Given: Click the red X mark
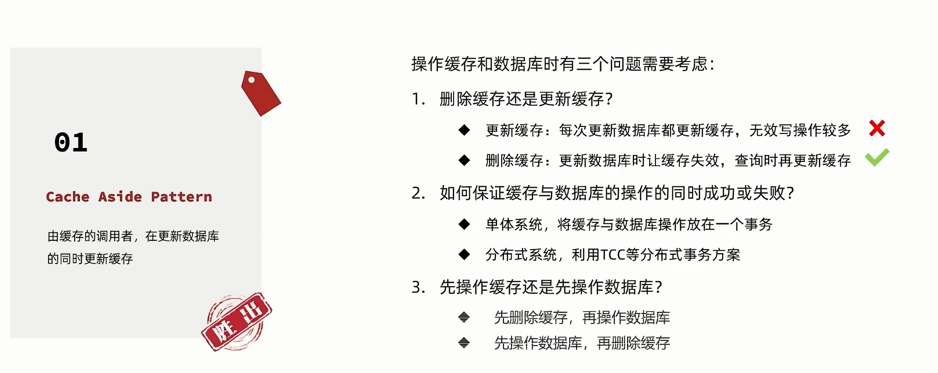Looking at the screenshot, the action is [x=876, y=129].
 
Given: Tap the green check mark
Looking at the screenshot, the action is [x=877, y=157].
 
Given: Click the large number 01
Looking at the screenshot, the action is [x=71, y=143].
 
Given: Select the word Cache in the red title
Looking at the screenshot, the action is [x=68, y=197].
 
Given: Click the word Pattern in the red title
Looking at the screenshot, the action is [x=181, y=197].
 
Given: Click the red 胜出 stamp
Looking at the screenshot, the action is [x=236, y=321].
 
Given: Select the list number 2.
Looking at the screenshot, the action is [x=418, y=193].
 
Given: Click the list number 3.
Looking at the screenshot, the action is [x=418, y=287].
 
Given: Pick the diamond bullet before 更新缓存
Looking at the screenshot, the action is [x=464, y=130].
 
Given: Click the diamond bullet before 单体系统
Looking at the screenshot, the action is [x=464, y=224].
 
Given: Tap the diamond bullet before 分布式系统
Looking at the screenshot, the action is [x=464, y=254].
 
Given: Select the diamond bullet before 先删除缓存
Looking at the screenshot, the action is [x=464, y=318].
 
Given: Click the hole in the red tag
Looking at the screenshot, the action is [x=251, y=80].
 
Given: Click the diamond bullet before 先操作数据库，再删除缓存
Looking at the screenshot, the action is [x=464, y=343].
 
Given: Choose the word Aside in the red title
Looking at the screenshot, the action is [x=120, y=197].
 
